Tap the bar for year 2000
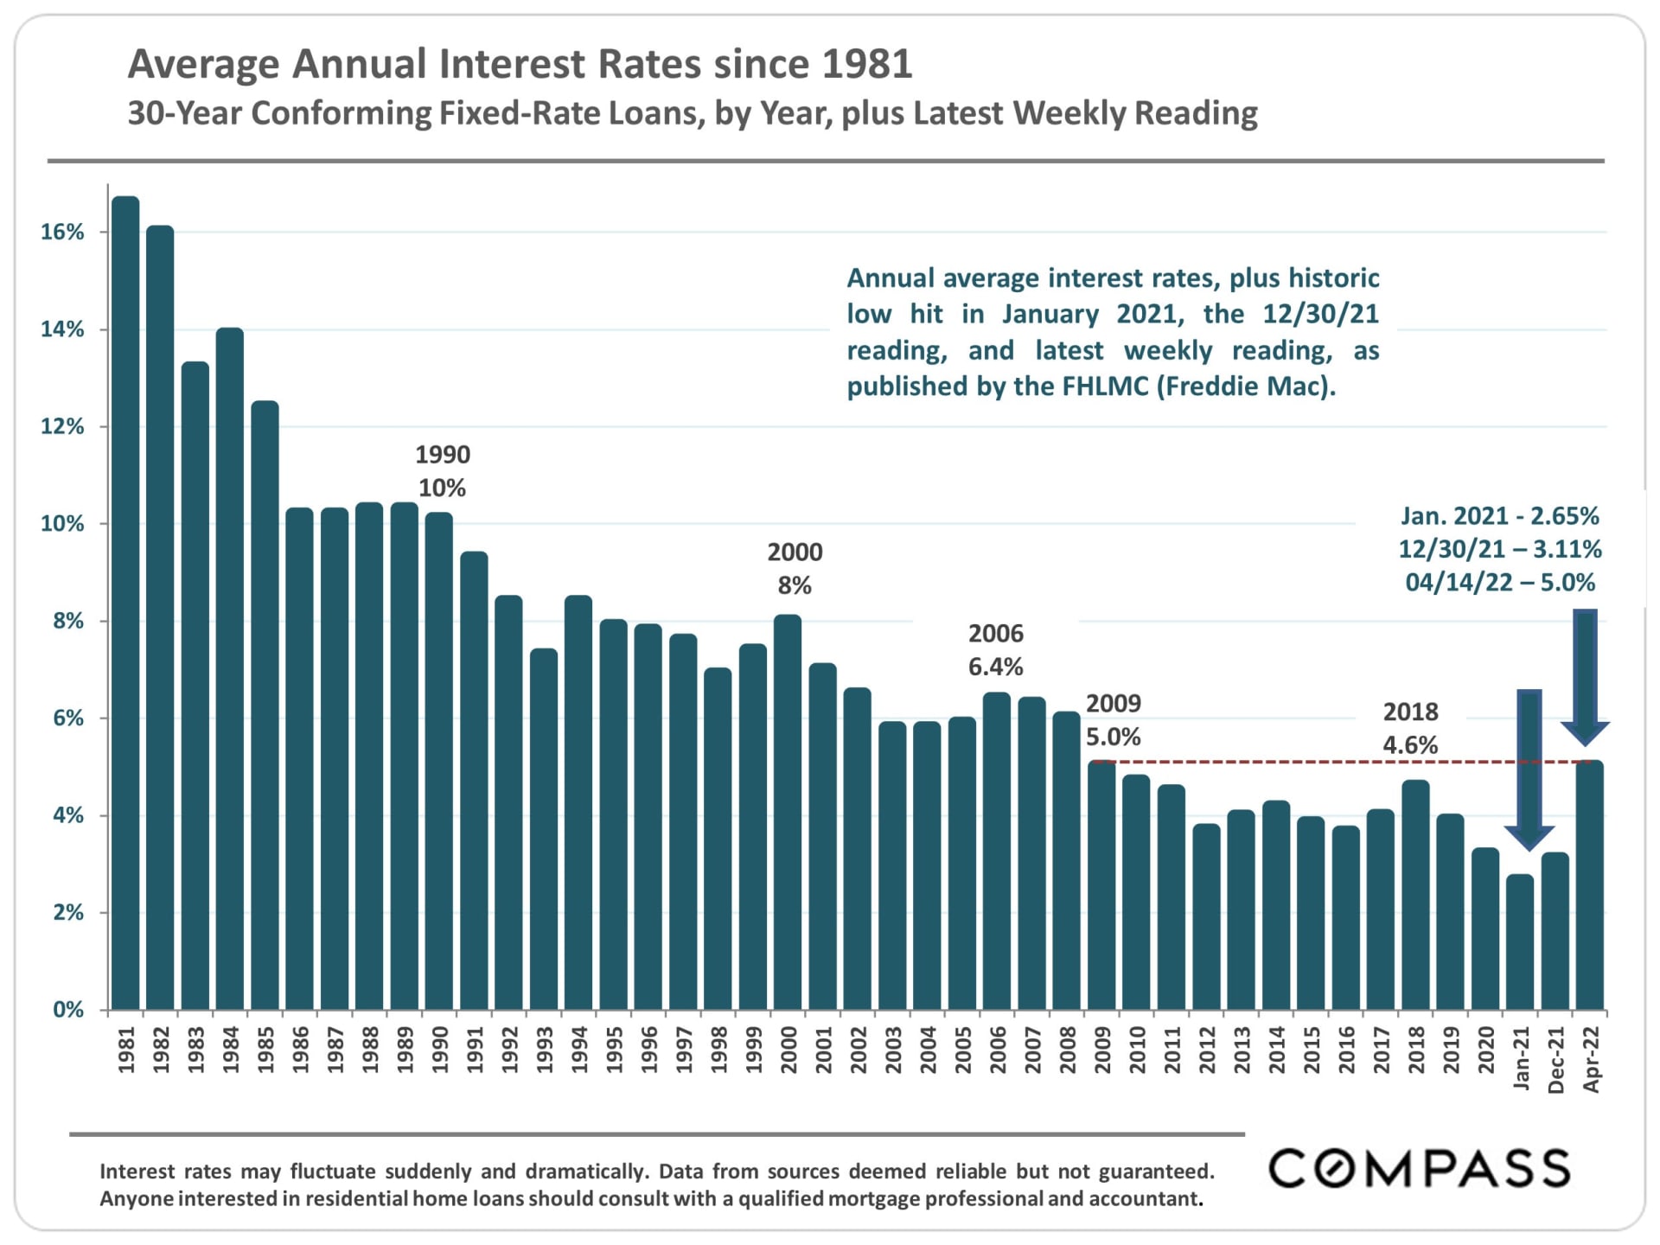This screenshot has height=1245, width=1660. pos(788,812)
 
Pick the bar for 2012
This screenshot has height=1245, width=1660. pos(1206,916)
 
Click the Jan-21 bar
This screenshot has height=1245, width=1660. pos(1520,942)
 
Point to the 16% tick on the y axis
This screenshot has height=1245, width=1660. pos(63,232)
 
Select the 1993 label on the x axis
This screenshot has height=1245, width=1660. pos(545,1050)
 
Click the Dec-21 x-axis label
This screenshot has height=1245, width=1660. pos(1555,1060)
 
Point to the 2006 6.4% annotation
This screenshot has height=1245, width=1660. pos(995,650)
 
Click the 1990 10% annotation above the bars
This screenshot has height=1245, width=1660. pos(442,471)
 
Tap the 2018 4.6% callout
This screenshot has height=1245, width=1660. pos(1410,728)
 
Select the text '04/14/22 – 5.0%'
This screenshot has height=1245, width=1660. pos(1500,583)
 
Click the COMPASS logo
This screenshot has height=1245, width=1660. pos(1419,1168)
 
